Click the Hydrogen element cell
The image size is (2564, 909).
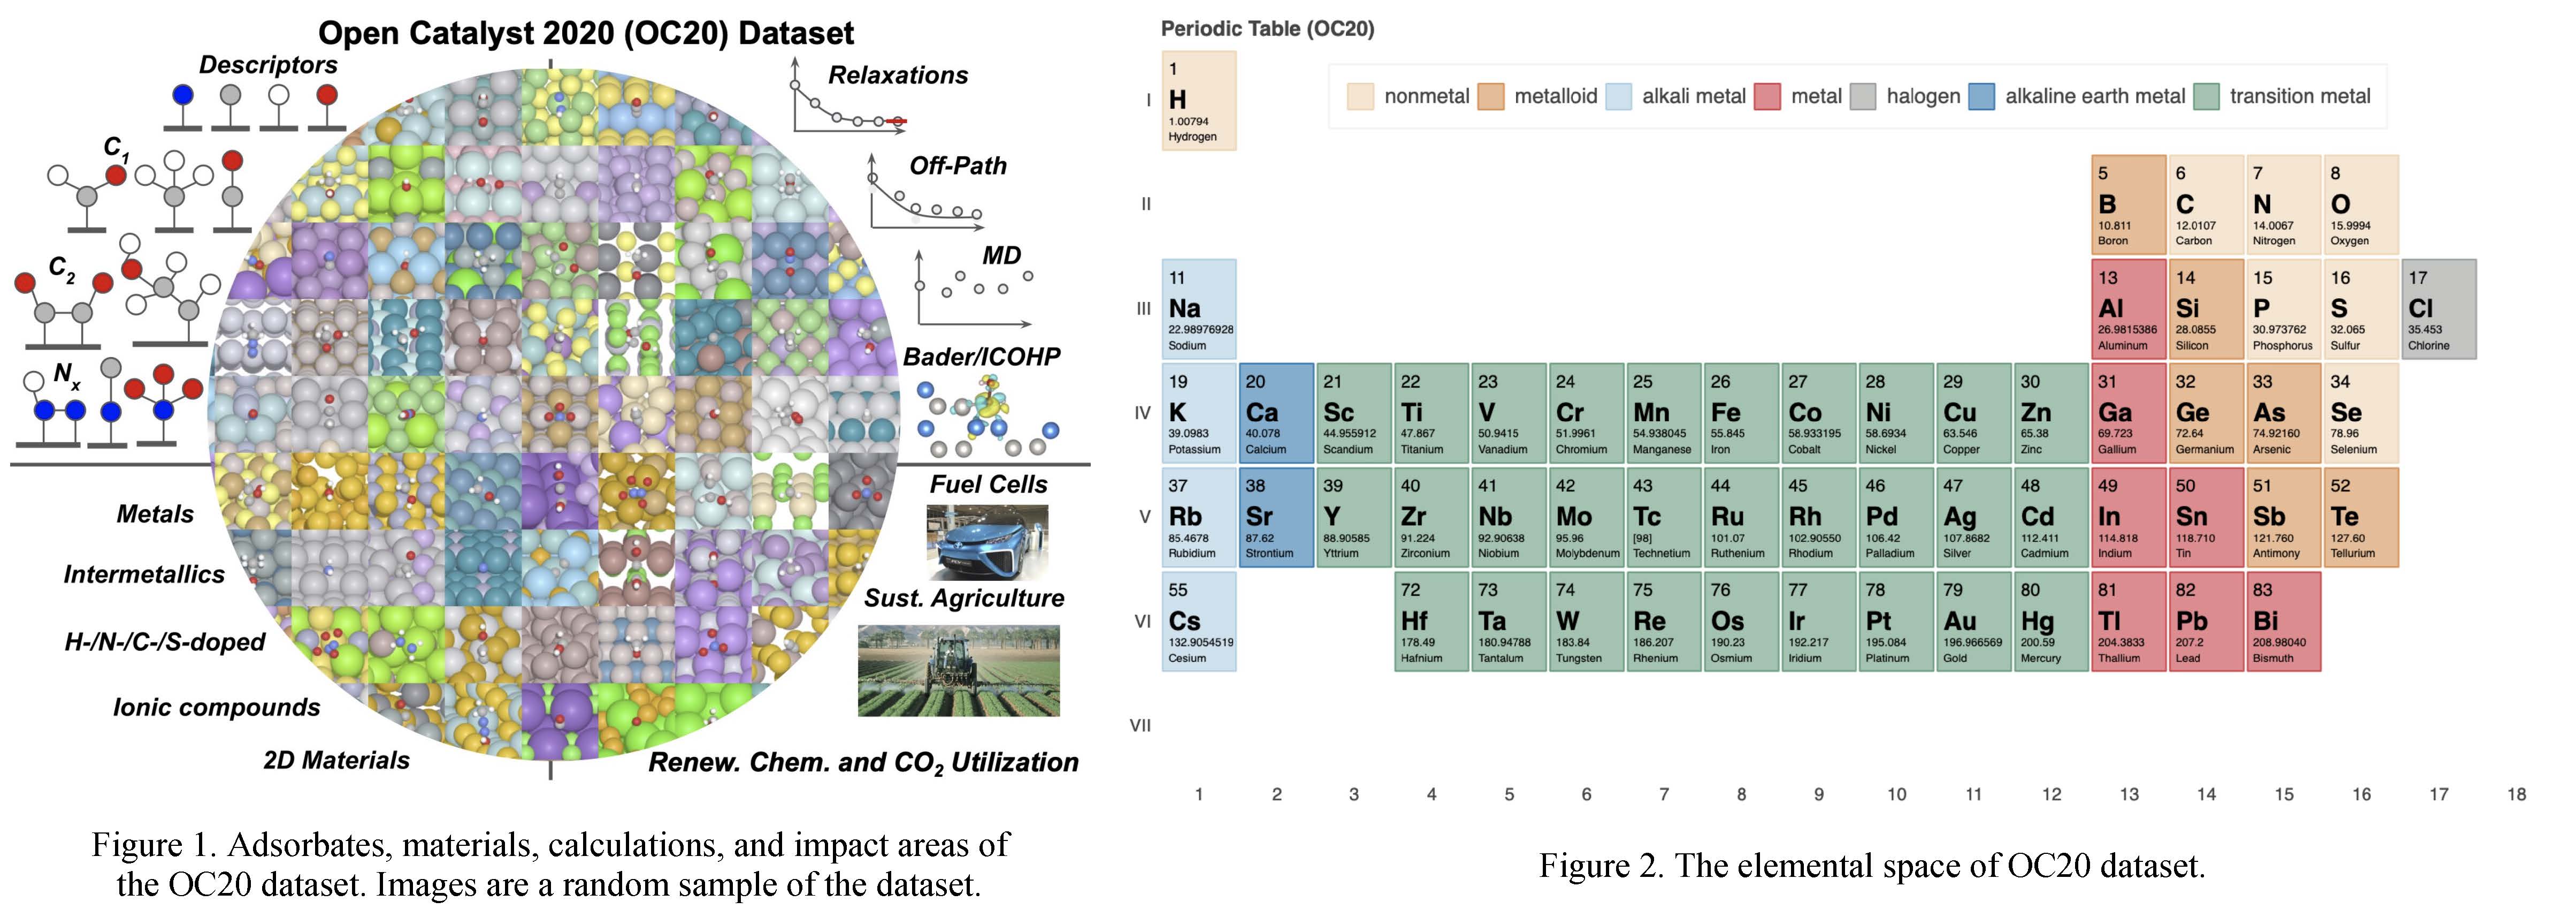(1198, 101)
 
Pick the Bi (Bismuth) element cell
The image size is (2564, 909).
(2282, 622)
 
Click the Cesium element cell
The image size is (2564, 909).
(1198, 622)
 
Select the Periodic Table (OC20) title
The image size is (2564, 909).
(1267, 29)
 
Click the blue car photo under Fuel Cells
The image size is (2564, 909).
(986, 543)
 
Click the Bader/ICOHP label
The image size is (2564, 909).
(982, 357)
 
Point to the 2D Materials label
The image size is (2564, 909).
(336, 761)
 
